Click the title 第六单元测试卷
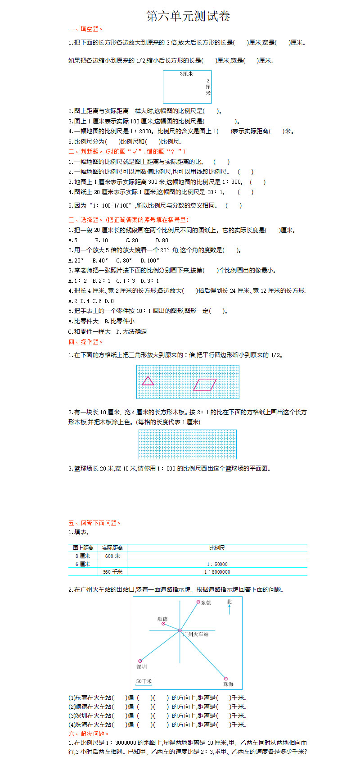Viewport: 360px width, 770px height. pyautogui.click(x=188, y=17)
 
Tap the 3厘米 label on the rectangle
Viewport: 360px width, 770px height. pyautogui.click(x=186, y=74)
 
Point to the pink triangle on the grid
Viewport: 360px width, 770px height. pyautogui.click(x=148, y=381)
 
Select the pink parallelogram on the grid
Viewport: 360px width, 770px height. pyautogui.click(x=205, y=385)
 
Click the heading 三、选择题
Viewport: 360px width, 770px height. pyautogui.click(x=128, y=220)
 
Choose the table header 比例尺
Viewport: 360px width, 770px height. pyautogui.click(x=217, y=548)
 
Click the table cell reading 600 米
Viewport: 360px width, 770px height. pyautogui.click(x=112, y=556)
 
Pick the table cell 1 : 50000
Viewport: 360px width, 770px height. pyautogui.click(x=217, y=564)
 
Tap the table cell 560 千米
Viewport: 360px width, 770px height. pyautogui.click(x=112, y=572)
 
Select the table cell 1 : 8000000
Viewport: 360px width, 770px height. pyautogui.click(x=217, y=572)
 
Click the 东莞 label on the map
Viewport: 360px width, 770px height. pyautogui.click(x=206, y=603)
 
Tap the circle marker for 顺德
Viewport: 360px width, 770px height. pyautogui.click(x=163, y=624)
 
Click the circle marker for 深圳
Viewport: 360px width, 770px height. pyautogui.click(x=140, y=661)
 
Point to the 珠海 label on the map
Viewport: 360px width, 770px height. pyautogui.click(x=228, y=684)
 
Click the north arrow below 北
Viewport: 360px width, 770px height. pyautogui.click(x=229, y=610)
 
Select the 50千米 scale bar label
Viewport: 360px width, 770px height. pyautogui.click(x=144, y=681)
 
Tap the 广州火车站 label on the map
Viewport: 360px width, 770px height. pyautogui.click(x=196, y=634)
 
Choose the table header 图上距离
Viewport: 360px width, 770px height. pyautogui.click(x=83, y=548)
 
